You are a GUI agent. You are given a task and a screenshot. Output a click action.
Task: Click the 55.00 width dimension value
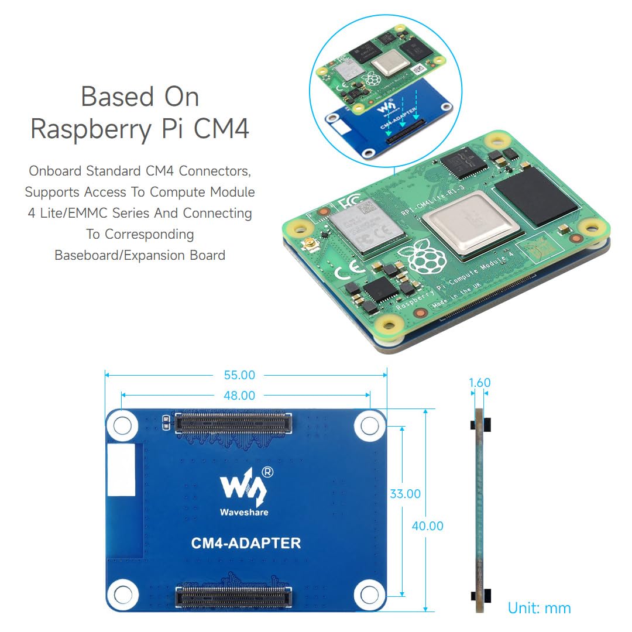pos(239,375)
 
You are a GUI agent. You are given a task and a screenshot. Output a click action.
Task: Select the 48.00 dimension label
pos(239,396)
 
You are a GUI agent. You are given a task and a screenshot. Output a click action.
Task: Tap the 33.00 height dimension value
pos(405,494)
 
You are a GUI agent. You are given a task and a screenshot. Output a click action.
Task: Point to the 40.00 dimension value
pos(427,526)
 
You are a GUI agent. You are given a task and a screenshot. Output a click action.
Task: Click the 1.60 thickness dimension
pos(480,383)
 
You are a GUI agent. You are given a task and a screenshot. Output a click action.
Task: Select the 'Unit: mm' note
pos(539,608)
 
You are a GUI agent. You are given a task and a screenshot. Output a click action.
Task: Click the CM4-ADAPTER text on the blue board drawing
pos(246,543)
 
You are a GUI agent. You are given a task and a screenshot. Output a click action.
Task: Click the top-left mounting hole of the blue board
pos(122,425)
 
